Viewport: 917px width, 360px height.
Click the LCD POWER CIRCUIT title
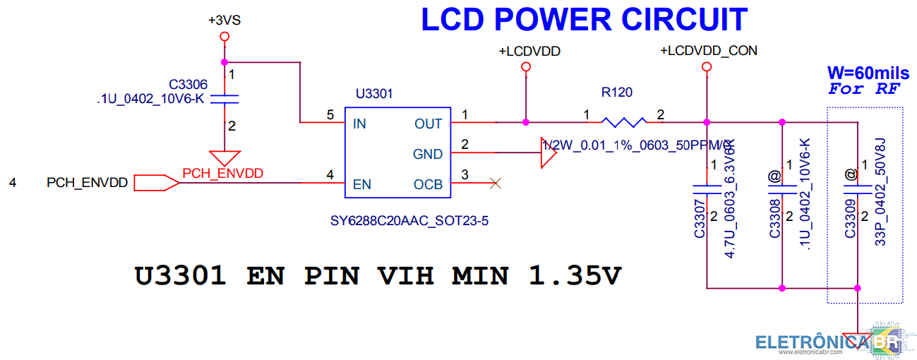[x=584, y=19]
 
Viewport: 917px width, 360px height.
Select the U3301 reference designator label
[x=374, y=93]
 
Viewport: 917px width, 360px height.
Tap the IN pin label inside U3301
[x=359, y=124]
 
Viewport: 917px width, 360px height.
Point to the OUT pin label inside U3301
[x=428, y=124]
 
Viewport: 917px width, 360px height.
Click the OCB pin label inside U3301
[x=428, y=185]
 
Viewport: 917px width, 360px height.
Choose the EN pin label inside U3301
[x=361, y=185]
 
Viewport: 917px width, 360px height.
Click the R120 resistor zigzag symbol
[x=623, y=122]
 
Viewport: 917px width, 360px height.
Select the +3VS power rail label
[x=224, y=20]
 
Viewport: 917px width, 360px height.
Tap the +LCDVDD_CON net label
[x=708, y=51]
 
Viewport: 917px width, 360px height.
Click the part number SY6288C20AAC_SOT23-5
[x=409, y=221]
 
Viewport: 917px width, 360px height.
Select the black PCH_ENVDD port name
[x=87, y=183]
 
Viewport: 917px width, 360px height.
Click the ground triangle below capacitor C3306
[x=225, y=157]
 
